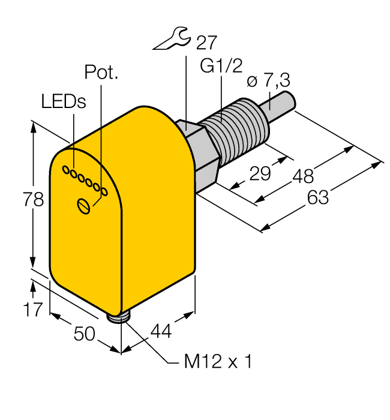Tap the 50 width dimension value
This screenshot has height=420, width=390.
coord(83,334)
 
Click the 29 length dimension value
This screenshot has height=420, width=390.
coord(260,174)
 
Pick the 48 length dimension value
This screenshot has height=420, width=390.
coord(303,176)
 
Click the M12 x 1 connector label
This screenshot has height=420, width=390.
coord(218,362)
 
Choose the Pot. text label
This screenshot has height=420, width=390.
coord(101,73)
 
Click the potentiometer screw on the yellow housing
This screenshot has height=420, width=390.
coord(84,206)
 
